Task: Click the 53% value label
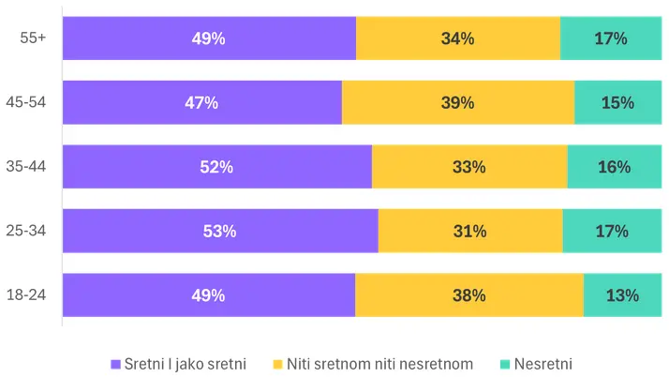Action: click(219, 232)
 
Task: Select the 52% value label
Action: click(216, 167)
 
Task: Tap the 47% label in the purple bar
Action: click(201, 103)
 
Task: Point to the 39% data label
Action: click(457, 103)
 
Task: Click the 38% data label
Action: click(468, 295)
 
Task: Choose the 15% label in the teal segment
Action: click(617, 103)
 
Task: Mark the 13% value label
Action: click(622, 295)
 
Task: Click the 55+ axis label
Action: click(34, 38)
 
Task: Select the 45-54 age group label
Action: click(26, 103)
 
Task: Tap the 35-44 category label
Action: click(26, 167)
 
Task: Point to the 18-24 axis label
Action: click(26, 295)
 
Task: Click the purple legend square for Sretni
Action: click(116, 364)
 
